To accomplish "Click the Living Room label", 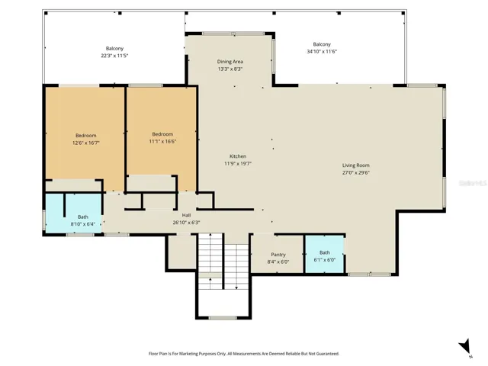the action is pos(356,165).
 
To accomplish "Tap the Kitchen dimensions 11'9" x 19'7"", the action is pos(238,163).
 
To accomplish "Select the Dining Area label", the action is pos(230,62).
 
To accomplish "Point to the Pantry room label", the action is pos(278,255).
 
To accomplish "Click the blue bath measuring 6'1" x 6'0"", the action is pos(324,254).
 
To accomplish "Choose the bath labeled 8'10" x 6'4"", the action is pos(74,213).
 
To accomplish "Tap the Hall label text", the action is pos(186,215).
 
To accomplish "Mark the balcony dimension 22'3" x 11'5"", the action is pos(114,56).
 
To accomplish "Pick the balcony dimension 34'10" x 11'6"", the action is pos(322,52).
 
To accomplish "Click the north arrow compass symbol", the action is pos(465,347).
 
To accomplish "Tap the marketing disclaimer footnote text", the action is pos(244,354).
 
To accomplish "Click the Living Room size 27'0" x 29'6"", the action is pos(356,173).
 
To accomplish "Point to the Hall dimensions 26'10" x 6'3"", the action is pos(186,223).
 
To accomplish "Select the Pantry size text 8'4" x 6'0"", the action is pos(278,262).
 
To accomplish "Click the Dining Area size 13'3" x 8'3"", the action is pos(230,69).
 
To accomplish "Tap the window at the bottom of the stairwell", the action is pos(223,318).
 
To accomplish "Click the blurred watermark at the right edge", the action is pos(473,183).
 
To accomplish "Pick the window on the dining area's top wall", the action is pos(233,34).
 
